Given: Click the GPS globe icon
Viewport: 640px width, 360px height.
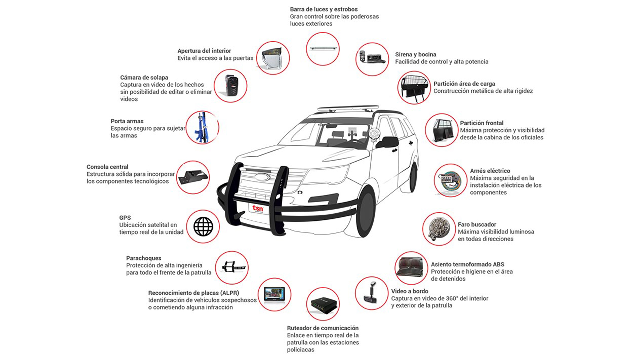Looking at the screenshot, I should point(203,227).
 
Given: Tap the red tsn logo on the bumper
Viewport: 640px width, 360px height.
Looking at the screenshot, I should point(258,209).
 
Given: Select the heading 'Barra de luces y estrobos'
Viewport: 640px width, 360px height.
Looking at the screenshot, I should point(323,9).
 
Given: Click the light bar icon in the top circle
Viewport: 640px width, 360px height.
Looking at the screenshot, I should point(323,49).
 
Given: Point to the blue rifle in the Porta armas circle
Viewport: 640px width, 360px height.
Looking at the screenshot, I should point(201,128).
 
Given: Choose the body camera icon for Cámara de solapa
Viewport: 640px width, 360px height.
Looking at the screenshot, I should point(230,86).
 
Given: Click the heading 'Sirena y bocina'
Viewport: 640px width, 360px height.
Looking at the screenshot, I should point(415,54).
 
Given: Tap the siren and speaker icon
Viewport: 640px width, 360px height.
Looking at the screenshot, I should point(372,59).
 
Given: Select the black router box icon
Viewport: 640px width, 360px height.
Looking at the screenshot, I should point(323,304).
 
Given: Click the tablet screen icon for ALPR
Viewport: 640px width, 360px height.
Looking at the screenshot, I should point(274,294).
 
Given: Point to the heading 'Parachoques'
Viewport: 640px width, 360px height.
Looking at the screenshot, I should point(143,258).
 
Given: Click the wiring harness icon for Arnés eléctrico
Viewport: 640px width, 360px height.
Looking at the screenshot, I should point(450,180).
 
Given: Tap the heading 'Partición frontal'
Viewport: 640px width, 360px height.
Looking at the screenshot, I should point(481,123).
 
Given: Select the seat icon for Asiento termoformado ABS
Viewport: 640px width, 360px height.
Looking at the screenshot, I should point(411,267).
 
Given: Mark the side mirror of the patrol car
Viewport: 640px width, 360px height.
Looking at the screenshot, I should point(388,141).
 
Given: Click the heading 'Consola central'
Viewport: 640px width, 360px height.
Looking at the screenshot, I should point(107,167).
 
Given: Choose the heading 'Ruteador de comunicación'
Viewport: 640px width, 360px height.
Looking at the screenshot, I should point(323,328).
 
